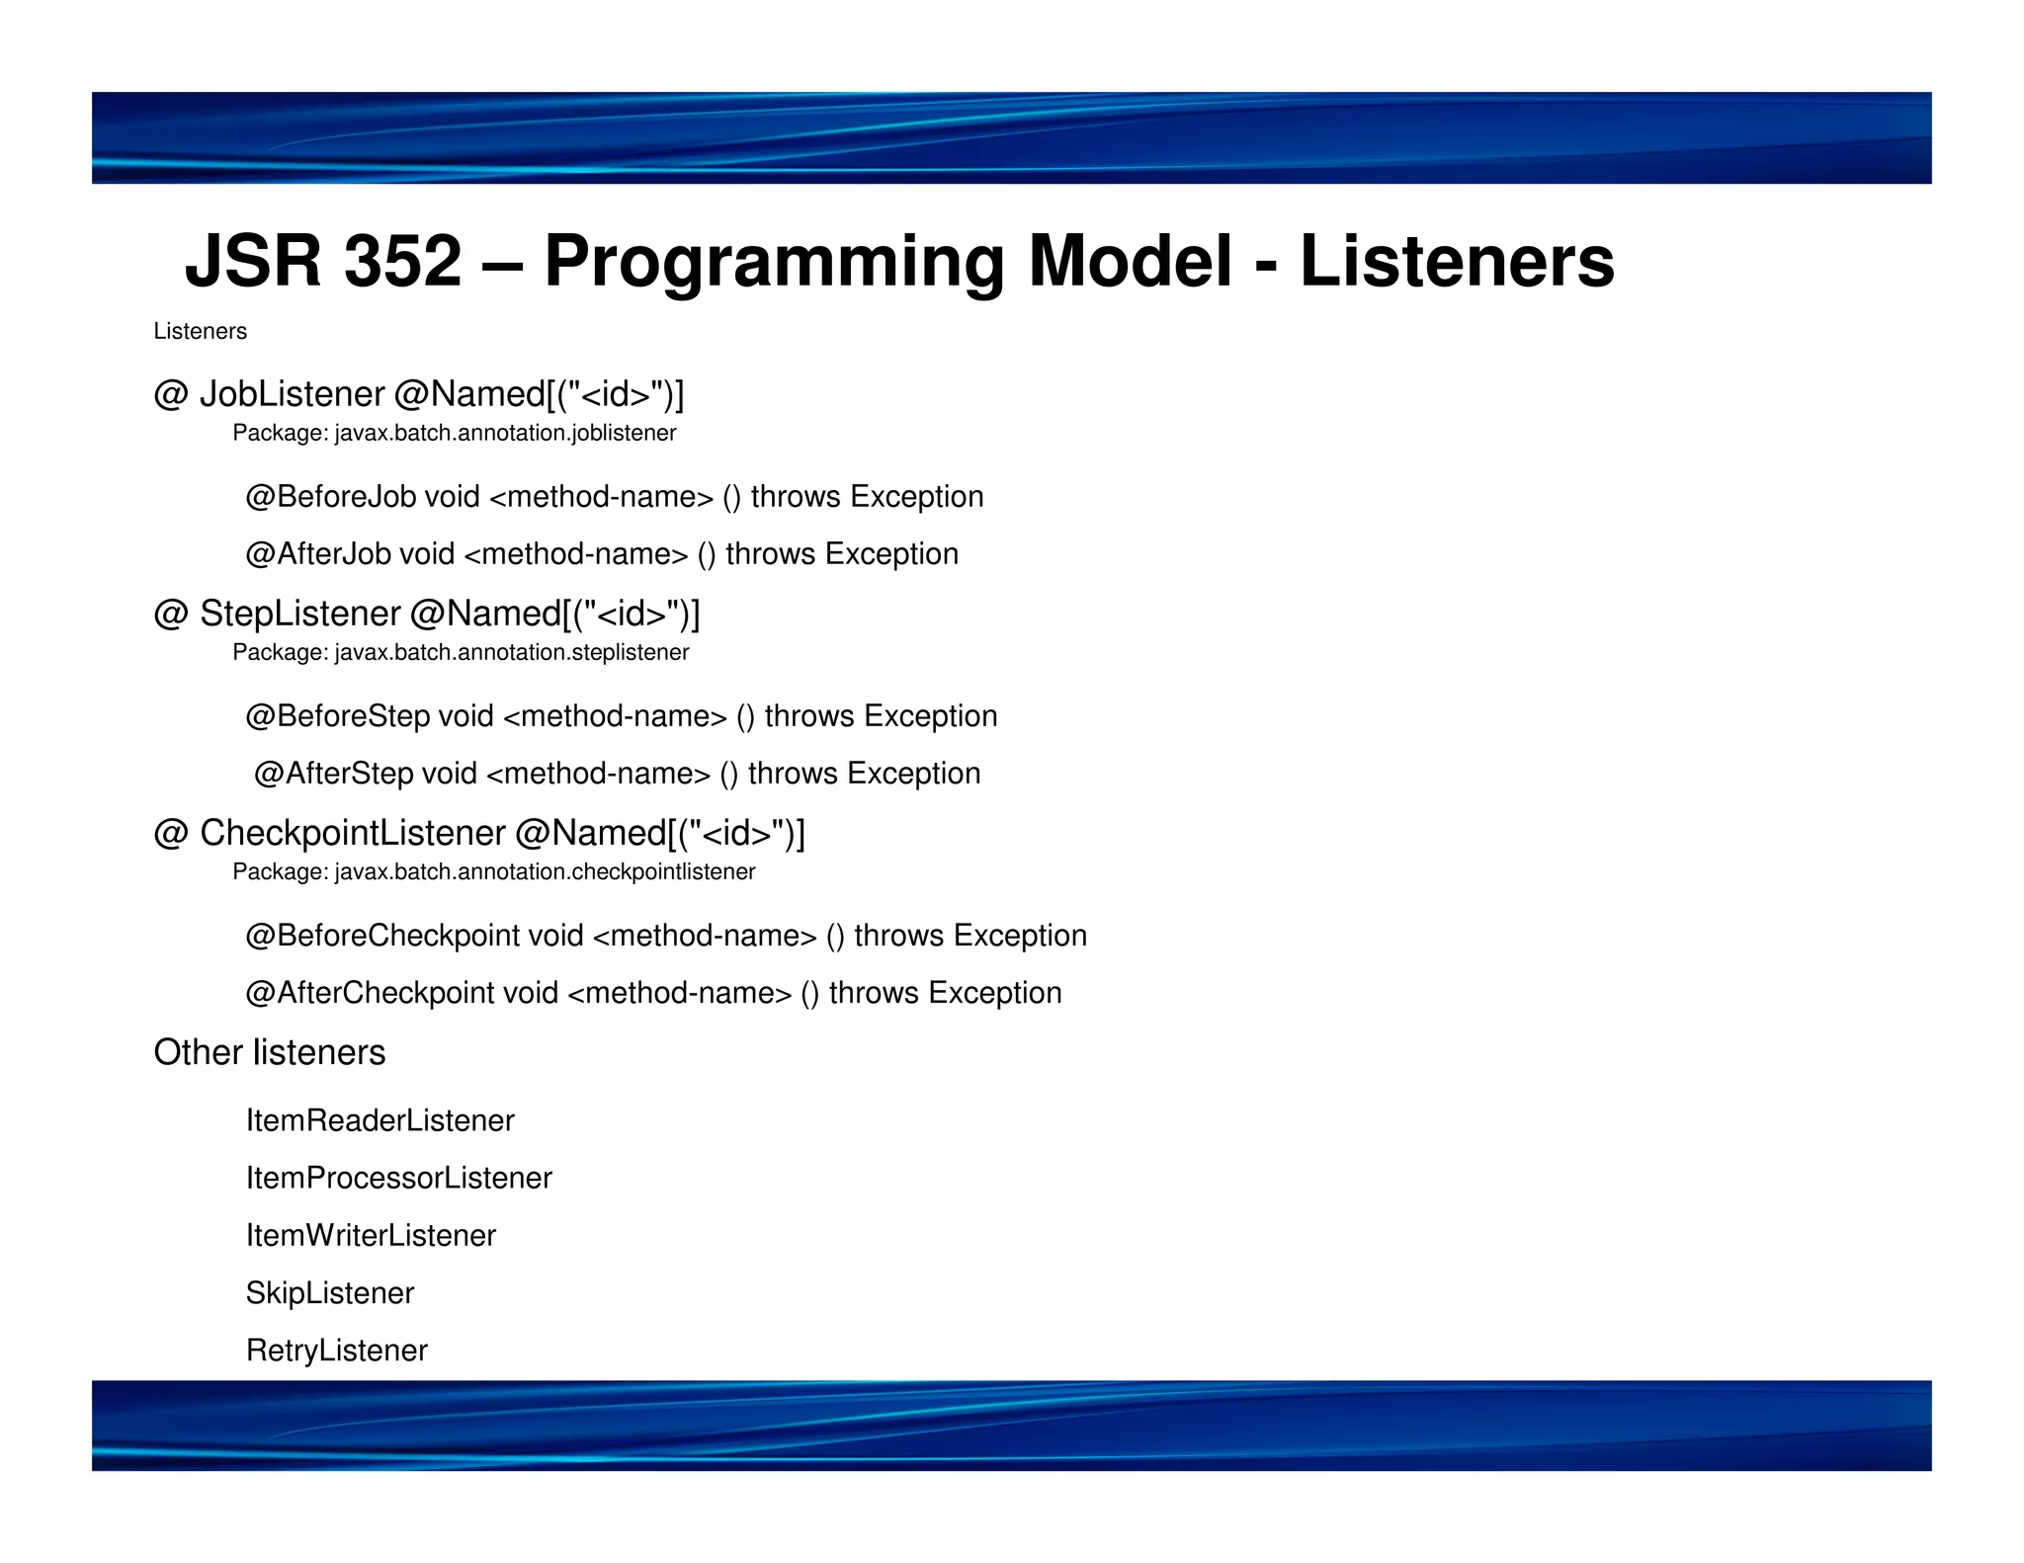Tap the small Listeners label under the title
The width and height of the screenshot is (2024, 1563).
point(200,331)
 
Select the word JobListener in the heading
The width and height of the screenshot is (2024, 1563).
point(292,394)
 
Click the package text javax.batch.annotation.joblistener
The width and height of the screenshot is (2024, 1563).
point(505,433)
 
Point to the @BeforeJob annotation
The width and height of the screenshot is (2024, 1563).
point(331,496)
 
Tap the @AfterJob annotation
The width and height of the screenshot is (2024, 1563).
point(318,553)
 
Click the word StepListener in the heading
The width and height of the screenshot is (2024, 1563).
point(299,614)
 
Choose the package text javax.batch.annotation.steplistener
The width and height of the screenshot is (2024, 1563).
point(511,652)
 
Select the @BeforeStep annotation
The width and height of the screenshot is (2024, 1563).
point(337,715)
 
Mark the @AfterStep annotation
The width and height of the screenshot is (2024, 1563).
point(333,773)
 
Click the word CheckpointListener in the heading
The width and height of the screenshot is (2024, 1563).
point(352,833)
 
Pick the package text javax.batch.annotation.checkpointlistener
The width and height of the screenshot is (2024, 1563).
point(545,871)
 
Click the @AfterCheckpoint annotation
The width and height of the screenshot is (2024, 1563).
point(370,992)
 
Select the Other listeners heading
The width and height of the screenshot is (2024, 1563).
point(269,1052)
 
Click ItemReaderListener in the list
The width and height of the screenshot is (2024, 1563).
point(379,1120)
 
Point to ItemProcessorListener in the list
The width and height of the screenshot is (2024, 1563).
point(398,1178)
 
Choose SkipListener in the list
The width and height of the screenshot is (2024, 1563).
point(330,1292)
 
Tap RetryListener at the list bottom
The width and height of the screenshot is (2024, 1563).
point(336,1350)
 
